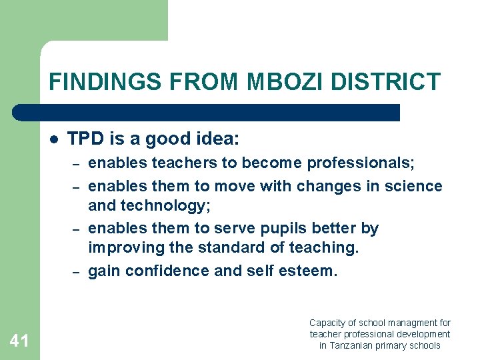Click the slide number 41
(19, 341)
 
